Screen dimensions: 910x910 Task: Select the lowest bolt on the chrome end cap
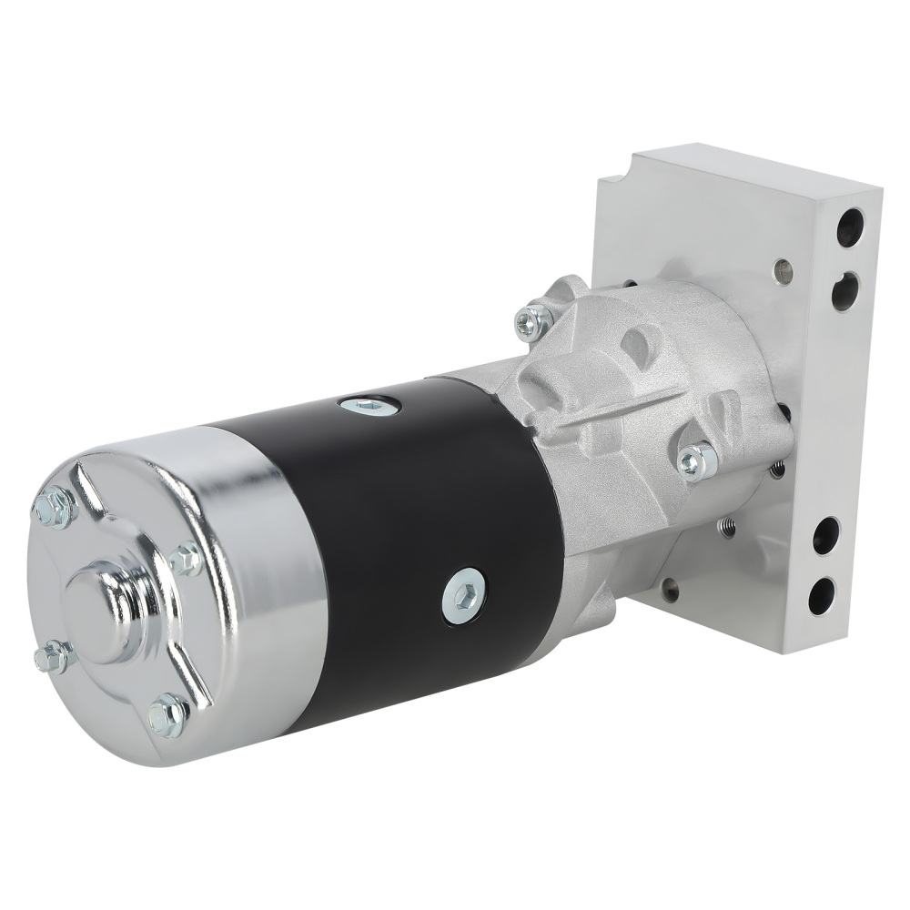[169, 715]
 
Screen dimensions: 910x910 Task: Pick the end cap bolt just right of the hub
[187, 559]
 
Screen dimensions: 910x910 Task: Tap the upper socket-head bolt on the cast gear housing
[534, 320]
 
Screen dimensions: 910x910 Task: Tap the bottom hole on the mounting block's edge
[822, 597]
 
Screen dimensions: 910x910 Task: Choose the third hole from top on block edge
[826, 536]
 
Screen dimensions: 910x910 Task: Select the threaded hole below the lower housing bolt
[726, 526]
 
